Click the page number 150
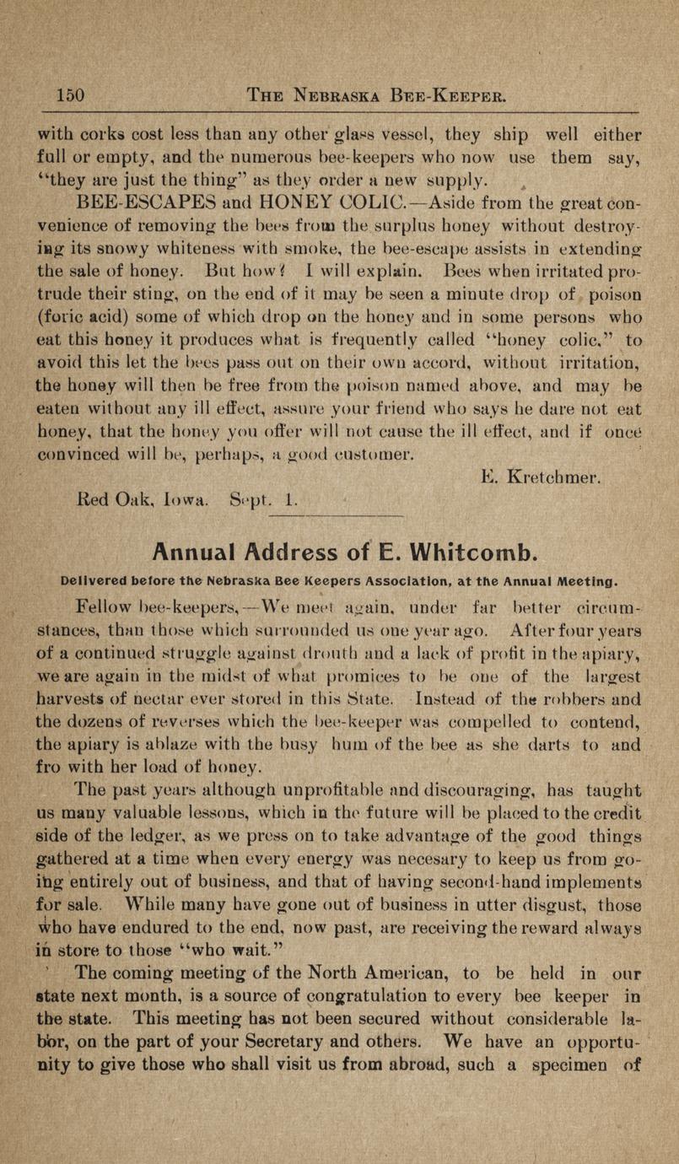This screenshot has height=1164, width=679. point(67,95)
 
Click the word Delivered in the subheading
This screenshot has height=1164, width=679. point(98,581)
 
